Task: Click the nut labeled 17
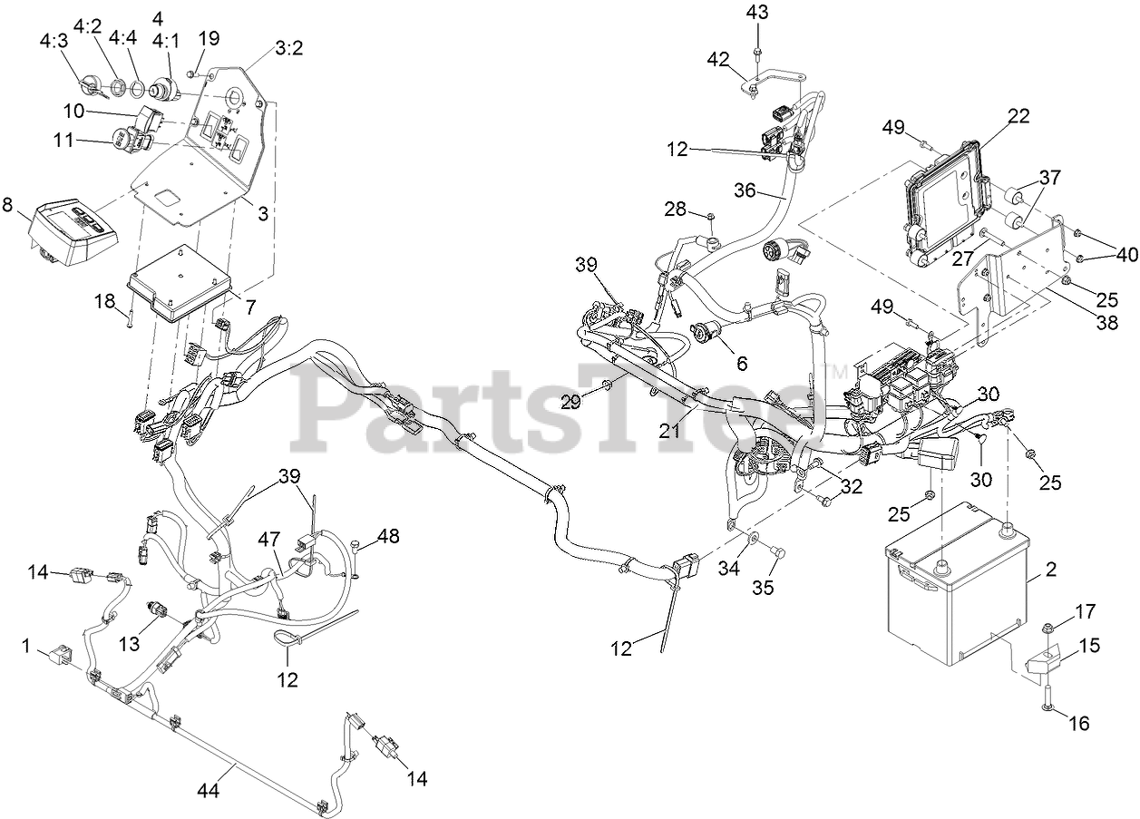pos(1047,629)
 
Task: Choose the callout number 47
pos(268,538)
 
